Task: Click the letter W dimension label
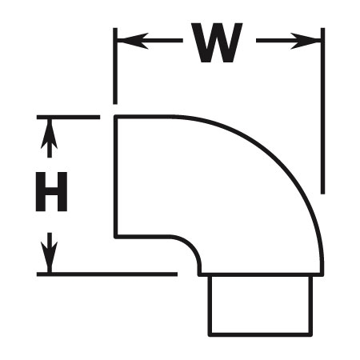(x=217, y=43)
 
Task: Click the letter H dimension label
(x=51, y=192)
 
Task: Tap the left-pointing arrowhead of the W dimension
(x=133, y=41)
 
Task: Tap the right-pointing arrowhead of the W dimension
(x=306, y=41)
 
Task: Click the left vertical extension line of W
(x=115, y=66)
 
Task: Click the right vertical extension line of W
(x=322, y=110)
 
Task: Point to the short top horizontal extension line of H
(x=68, y=117)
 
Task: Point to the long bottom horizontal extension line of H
(x=107, y=274)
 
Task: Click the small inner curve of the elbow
(x=193, y=246)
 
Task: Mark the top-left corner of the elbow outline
(x=115, y=117)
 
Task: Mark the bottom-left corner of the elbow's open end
(x=115, y=237)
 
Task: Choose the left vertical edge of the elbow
(x=115, y=177)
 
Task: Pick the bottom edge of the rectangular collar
(x=260, y=334)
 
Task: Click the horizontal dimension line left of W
(x=150, y=41)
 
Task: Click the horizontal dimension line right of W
(x=289, y=41)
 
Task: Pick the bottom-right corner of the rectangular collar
(x=310, y=334)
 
